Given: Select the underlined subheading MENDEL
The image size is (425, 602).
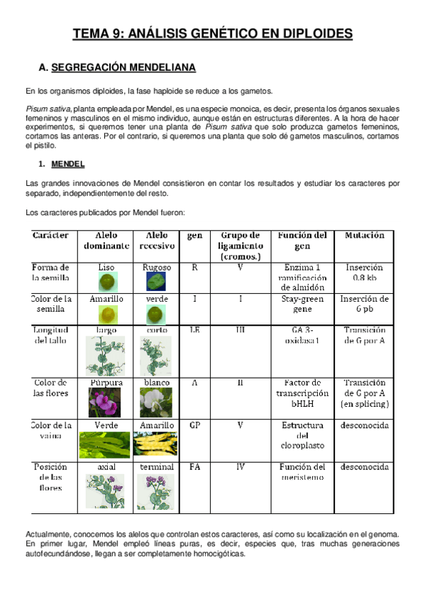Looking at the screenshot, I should point(68,164).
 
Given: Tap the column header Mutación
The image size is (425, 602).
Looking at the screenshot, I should point(365,235).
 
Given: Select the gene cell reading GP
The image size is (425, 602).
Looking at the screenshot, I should point(194,425).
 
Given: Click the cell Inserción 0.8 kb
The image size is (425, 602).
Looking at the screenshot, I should point(365,273).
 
